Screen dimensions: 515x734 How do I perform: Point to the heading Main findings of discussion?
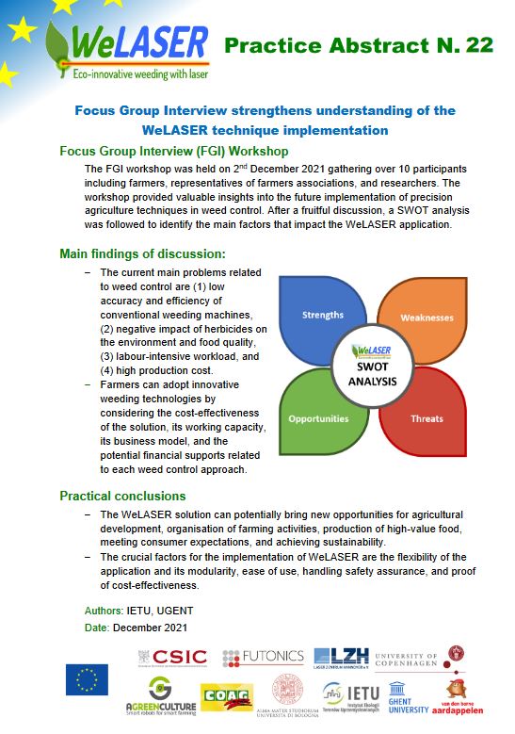(x=142, y=253)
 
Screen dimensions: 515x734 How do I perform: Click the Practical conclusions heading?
(x=122, y=496)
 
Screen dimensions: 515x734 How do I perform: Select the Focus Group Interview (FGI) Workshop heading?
(x=173, y=151)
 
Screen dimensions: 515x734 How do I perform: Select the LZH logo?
(x=341, y=657)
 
